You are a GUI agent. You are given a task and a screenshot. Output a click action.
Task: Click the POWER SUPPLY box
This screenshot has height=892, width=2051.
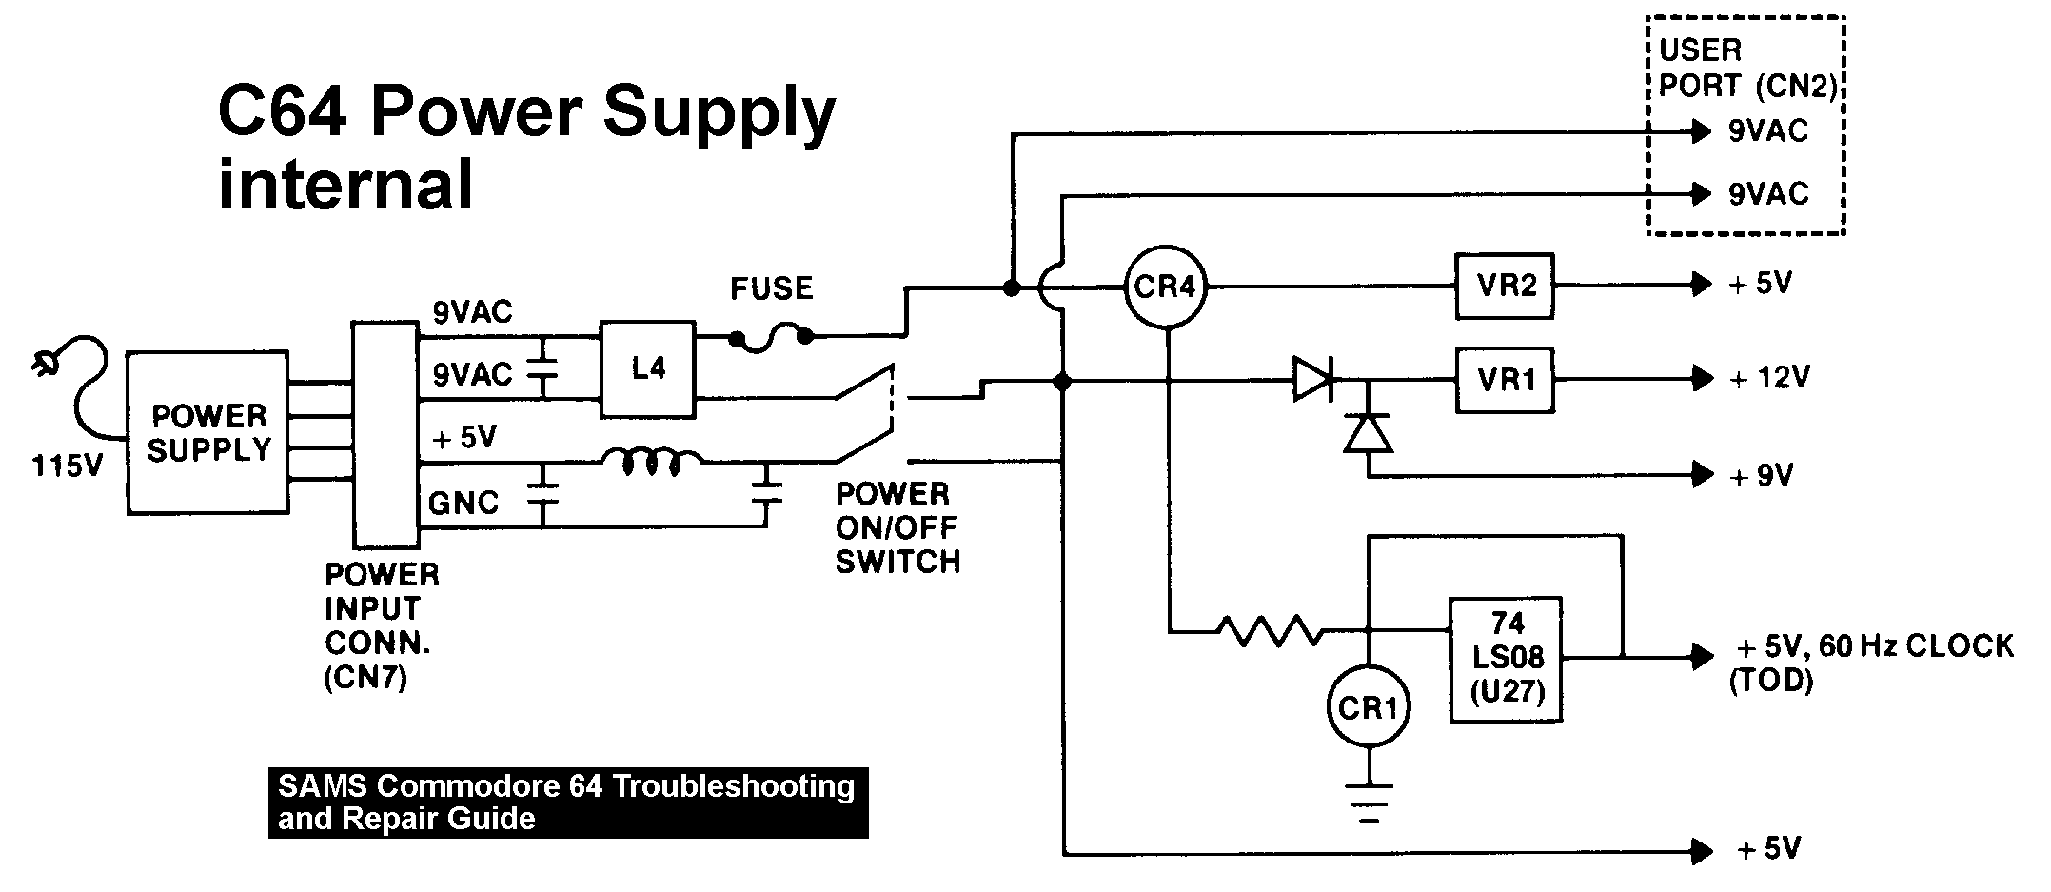click(208, 433)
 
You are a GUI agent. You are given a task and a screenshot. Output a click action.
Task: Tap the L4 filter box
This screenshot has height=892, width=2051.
click(647, 368)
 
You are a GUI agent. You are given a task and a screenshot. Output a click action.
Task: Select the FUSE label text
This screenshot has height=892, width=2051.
click(771, 288)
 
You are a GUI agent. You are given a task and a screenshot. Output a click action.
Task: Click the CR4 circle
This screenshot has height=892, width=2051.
click(1164, 286)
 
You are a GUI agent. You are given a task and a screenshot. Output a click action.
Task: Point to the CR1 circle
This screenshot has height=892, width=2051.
click(1368, 706)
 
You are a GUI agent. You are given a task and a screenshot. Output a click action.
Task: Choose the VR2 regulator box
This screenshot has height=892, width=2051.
click(1504, 286)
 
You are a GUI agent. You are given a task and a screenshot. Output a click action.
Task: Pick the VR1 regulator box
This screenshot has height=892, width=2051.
click(1504, 380)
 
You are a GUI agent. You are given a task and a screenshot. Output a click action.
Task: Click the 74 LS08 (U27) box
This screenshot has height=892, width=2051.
click(1506, 659)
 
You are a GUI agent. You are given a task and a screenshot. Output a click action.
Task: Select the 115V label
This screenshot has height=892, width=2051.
click(67, 466)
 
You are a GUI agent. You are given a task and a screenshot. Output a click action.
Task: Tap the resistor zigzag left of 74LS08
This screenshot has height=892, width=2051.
click(1271, 630)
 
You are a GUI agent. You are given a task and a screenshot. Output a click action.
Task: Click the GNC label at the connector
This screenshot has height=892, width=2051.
click(463, 502)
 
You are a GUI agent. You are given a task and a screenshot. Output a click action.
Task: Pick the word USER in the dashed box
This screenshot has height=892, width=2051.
click(1700, 50)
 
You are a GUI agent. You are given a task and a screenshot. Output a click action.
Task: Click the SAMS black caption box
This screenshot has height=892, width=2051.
click(568, 803)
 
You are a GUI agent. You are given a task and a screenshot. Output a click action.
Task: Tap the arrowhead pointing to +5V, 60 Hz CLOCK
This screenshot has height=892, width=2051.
click(1702, 656)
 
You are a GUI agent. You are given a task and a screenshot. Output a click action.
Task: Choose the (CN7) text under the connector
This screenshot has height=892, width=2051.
click(365, 679)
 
